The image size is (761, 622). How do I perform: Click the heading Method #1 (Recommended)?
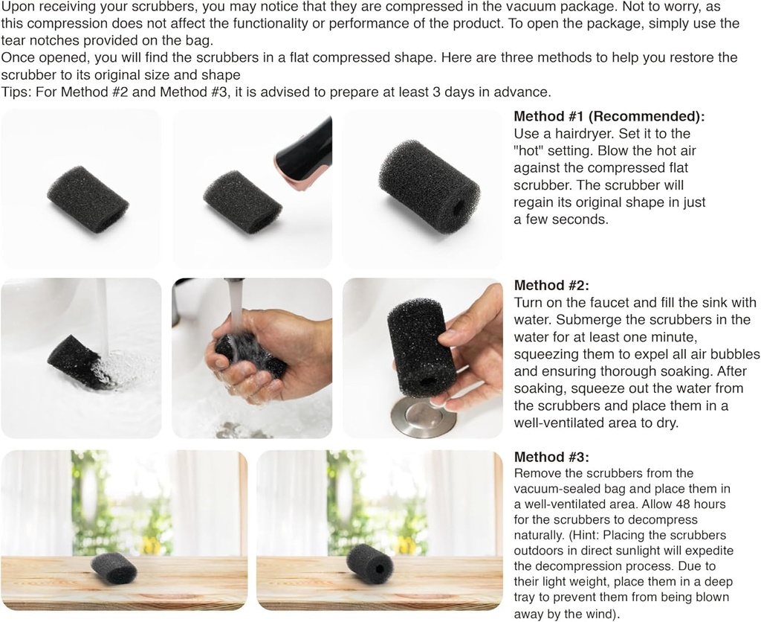(609, 117)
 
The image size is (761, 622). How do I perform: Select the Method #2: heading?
(551, 285)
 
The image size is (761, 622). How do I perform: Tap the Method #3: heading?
(551, 458)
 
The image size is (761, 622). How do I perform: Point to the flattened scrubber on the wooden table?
(114, 569)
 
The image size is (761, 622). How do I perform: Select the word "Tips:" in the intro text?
(16, 92)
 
